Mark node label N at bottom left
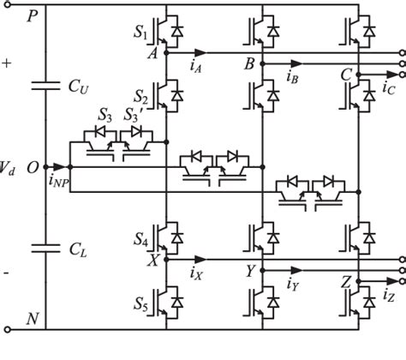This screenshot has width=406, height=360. (33, 320)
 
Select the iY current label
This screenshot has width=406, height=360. (292, 281)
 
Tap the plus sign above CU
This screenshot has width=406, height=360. (8, 63)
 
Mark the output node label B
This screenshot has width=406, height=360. (250, 62)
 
